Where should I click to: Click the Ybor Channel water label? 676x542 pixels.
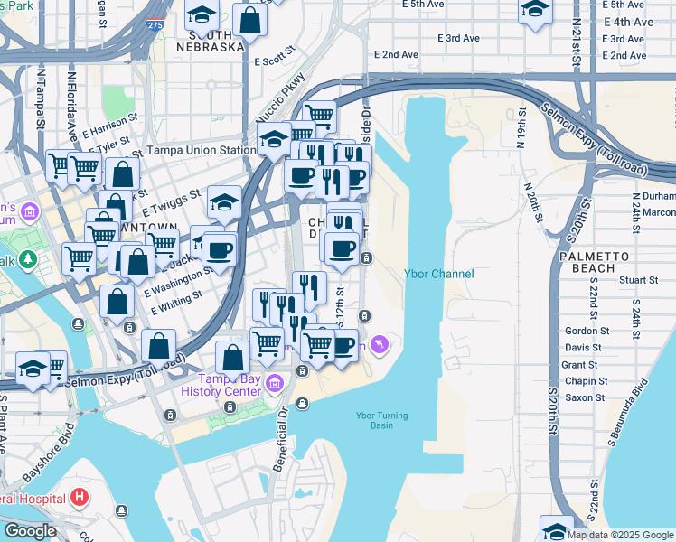(x=438, y=274)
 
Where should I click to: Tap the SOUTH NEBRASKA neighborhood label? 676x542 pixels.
(x=211, y=41)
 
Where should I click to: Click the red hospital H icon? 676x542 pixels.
(x=80, y=498)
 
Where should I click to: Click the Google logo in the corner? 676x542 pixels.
(x=29, y=531)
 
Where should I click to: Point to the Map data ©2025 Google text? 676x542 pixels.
(x=619, y=535)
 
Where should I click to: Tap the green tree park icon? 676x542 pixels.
(x=28, y=260)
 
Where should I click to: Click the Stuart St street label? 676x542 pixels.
(x=637, y=280)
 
